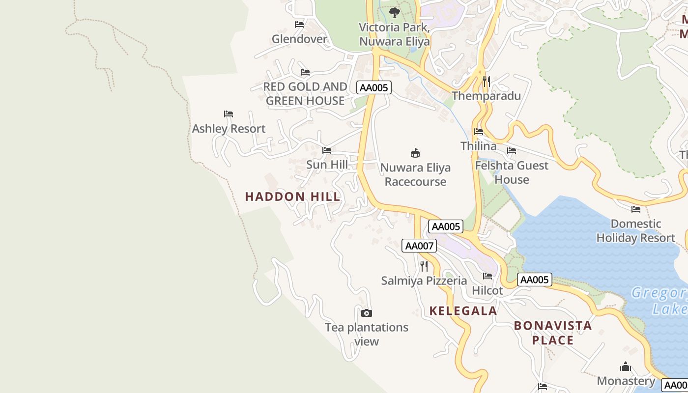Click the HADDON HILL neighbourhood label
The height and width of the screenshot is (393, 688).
292,196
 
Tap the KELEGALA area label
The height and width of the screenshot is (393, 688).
463,310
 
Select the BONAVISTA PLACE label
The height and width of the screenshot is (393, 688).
553,333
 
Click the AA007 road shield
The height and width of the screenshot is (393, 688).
419,246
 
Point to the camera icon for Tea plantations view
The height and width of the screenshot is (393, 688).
366,313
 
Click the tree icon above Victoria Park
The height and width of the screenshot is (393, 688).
394,13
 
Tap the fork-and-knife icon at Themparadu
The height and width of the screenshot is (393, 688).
486,82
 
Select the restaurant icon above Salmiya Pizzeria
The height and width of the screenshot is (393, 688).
424,266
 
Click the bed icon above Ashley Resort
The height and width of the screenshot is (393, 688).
229,114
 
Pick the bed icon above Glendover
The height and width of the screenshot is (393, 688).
299,25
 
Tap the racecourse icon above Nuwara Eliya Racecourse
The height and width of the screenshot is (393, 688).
415,153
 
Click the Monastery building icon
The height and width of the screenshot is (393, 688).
625,366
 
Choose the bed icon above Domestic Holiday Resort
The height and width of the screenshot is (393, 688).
635,209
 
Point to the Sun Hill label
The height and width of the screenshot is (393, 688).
327,165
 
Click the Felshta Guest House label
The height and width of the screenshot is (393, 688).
512,172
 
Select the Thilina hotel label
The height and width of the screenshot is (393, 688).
478,146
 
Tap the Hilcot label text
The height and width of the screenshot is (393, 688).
487,290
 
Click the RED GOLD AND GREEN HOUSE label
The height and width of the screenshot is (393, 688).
305,94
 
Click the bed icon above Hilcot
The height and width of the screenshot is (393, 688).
487,276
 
